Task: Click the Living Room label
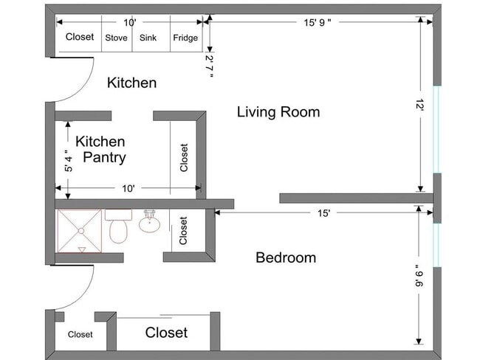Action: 278,112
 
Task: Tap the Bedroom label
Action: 286,257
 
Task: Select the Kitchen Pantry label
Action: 100,150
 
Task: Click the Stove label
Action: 117,38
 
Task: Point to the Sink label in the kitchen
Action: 148,38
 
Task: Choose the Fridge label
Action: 185,38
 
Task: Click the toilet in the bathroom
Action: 118,226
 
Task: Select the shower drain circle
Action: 80,231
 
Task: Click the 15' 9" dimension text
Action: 317,23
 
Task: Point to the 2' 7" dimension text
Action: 210,66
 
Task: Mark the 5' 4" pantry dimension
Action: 69,160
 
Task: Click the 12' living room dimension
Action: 419,105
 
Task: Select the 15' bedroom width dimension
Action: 323,213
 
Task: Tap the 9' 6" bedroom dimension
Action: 419,276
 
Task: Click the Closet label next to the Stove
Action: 80,37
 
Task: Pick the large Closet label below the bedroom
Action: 166,333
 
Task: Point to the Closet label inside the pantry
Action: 184,158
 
